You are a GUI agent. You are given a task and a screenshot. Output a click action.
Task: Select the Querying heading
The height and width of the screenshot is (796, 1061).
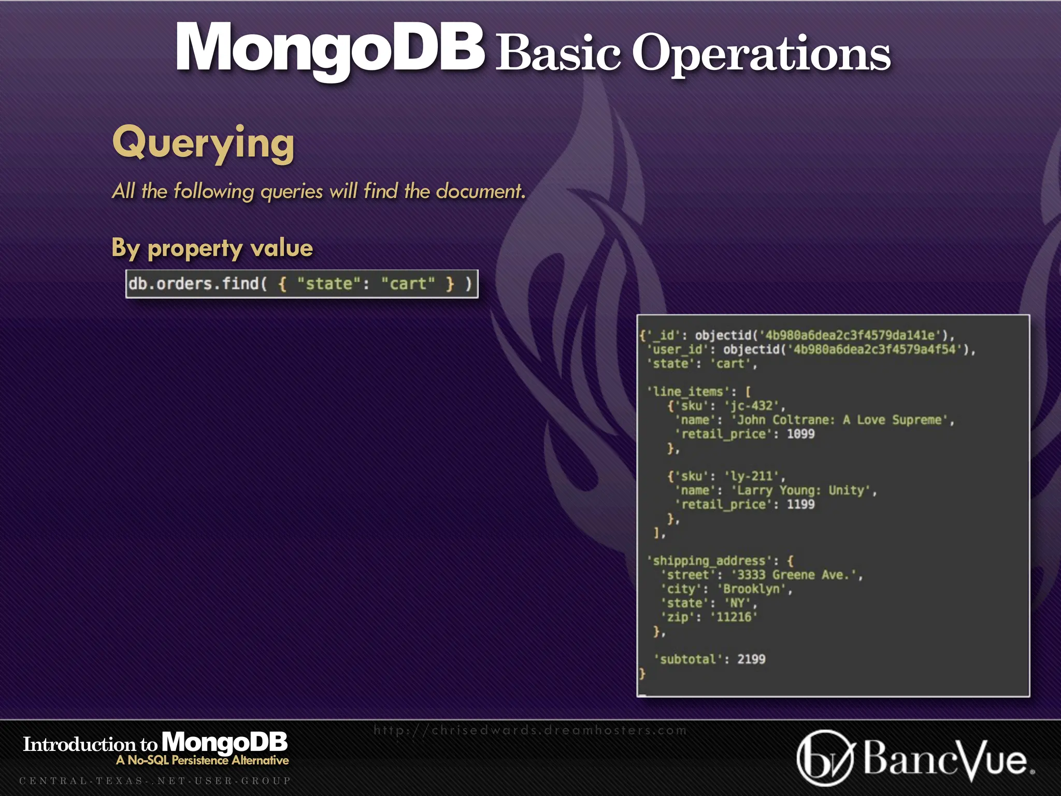click(x=203, y=143)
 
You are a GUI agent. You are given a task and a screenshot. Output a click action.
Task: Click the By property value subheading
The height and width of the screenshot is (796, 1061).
click(x=212, y=248)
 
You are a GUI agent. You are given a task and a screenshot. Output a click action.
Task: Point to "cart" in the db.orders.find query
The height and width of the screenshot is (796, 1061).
click(x=408, y=284)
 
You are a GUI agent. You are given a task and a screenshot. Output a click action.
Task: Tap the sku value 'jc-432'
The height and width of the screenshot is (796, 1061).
click(x=752, y=406)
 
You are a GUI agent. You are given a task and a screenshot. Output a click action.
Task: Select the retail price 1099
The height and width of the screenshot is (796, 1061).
click(x=800, y=434)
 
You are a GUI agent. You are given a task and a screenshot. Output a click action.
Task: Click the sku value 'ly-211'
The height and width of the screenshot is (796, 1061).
click(x=752, y=476)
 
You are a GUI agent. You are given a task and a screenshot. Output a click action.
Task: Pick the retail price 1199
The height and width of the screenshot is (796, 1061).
click(x=800, y=504)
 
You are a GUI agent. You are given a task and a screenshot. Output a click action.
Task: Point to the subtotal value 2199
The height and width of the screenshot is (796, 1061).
click(x=751, y=659)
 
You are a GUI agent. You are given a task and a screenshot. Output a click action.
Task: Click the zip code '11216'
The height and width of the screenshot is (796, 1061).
click(x=734, y=617)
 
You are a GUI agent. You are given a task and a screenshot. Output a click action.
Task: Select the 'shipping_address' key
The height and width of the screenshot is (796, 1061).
click(x=709, y=561)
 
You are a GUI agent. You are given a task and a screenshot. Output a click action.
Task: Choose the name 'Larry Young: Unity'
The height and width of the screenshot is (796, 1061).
click(x=800, y=490)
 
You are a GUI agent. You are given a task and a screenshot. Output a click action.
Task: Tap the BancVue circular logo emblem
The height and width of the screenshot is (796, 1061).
click(x=824, y=759)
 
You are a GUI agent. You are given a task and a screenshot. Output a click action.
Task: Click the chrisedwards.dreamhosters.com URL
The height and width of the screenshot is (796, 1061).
click(x=530, y=730)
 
